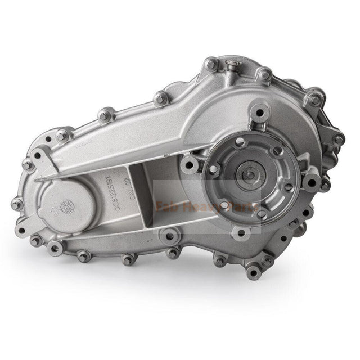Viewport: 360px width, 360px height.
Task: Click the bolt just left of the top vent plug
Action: coord(210,65)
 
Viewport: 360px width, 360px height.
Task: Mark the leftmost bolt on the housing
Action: coord(16,204)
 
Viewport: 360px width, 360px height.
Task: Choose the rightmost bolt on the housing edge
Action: coord(338,139)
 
